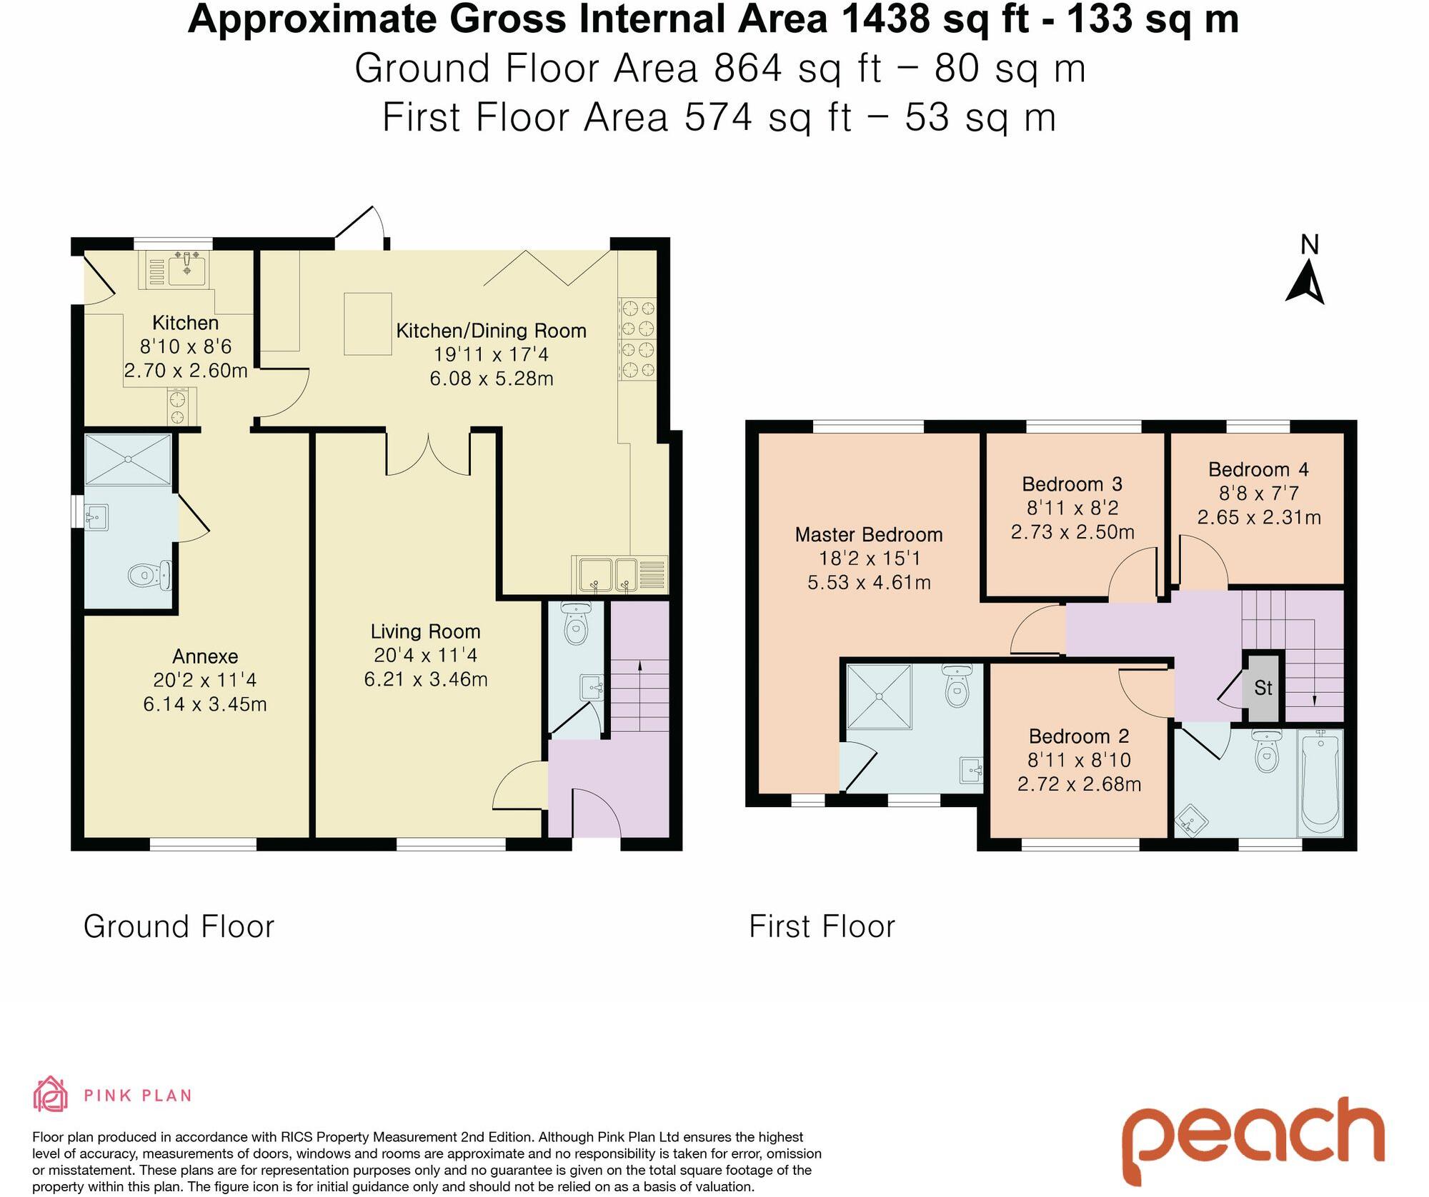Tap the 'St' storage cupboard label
[1263, 688]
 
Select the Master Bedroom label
[868, 534]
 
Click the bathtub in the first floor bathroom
[1320, 782]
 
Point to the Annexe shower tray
[128, 459]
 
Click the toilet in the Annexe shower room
[151, 574]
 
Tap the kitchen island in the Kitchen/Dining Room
[367, 324]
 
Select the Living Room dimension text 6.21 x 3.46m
[425, 679]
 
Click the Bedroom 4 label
[1258, 469]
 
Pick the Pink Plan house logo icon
[51, 1094]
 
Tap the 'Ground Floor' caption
[179, 927]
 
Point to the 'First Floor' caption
[822, 927]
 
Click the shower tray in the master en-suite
[879, 696]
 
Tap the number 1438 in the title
[887, 19]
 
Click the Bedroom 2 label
[1078, 736]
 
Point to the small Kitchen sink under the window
[186, 269]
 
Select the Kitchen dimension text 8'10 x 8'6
[186, 346]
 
